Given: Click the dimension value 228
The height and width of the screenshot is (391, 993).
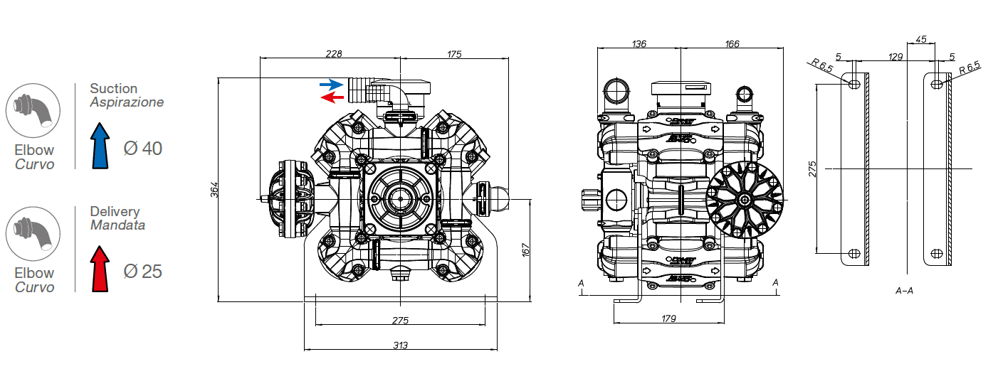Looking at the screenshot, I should click(x=334, y=54).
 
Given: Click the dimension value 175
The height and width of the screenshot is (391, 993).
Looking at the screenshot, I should click(x=455, y=54).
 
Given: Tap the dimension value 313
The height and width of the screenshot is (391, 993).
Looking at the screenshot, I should click(x=400, y=346).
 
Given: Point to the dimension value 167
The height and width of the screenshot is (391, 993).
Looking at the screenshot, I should click(x=526, y=251).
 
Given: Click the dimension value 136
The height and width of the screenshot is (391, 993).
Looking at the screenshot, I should click(x=639, y=44).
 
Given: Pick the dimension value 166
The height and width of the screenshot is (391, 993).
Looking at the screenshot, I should click(x=732, y=44).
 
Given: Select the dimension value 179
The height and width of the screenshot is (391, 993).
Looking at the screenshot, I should click(x=668, y=318).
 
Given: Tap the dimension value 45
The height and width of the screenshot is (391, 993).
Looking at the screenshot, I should click(x=921, y=40).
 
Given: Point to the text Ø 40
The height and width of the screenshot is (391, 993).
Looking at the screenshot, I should click(x=142, y=149).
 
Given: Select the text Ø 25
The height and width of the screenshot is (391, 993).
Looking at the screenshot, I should click(x=142, y=272).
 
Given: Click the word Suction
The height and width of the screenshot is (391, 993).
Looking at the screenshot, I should click(x=113, y=89).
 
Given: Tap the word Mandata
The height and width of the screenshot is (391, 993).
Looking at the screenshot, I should click(x=117, y=225).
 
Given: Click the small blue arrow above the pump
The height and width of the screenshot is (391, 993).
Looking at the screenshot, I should click(x=332, y=85).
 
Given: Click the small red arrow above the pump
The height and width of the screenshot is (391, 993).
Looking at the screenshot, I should click(x=332, y=96).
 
